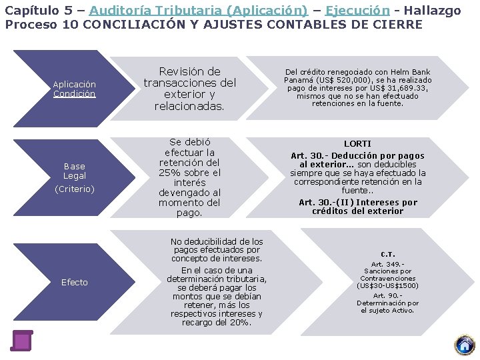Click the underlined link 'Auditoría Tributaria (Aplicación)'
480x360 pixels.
(x=198, y=11)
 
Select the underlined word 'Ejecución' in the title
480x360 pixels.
(x=357, y=11)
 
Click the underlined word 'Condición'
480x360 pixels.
(x=75, y=94)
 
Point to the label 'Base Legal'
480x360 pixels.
(x=75, y=171)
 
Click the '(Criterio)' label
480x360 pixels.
(x=75, y=189)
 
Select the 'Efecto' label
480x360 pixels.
(x=75, y=282)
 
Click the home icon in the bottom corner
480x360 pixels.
(x=464, y=345)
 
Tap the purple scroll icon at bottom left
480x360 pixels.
(x=22, y=340)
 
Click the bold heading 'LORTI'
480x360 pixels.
(x=357, y=144)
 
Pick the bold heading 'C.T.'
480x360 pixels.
(x=387, y=254)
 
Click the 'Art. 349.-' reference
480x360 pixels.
(x=387, y=264)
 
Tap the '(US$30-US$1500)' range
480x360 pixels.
(x=387, y=285)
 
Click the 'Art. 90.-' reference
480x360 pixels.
(x=387, y=295)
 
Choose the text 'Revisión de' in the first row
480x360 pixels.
(x=190, y=71)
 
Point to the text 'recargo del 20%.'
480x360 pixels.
(x=217, y=323)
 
